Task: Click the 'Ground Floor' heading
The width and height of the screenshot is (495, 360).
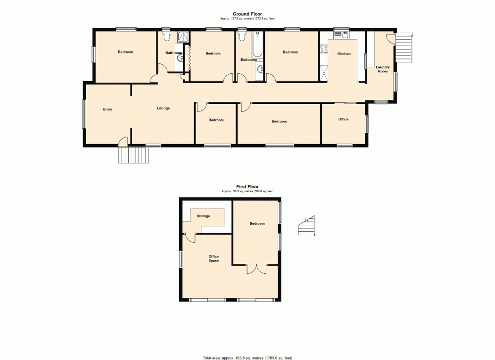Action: click(x=247, y=14)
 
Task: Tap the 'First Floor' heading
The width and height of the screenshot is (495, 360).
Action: click(x=247, y=187)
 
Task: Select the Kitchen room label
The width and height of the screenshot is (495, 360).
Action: click(x=344, y=53)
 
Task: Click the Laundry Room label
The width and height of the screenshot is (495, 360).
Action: click(x=383, y=69)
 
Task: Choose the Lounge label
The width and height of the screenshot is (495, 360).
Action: click(x=163, y=108)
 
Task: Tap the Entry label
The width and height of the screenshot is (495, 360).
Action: click(x=107, y=109)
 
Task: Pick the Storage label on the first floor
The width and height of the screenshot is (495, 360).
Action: click(x=203, y=216)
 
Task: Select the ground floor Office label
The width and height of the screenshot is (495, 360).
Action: click(x=344, y=119)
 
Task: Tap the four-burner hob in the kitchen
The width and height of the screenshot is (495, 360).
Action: click(x=324, y=49)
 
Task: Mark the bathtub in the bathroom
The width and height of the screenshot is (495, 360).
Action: click(x=257, y=45)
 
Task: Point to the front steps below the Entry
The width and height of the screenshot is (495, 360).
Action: click(x=134, y=155)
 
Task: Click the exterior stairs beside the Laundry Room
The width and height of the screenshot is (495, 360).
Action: click(x=404, y=48)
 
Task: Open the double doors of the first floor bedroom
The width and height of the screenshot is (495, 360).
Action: click(x=256, y=269)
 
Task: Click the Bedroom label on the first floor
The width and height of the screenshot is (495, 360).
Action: click(x=257, y=223)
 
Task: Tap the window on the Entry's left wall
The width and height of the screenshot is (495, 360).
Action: click(x=83, y=114)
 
